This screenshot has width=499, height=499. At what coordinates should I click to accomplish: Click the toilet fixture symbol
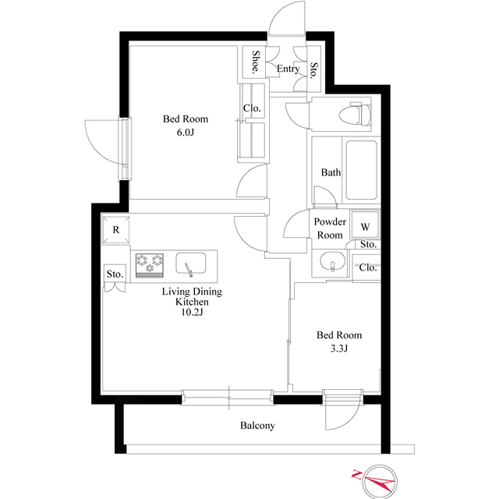click(x=356, y=114)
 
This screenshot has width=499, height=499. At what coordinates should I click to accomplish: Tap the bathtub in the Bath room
click(x=361, y=171)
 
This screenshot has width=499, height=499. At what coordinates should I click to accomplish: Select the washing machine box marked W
click(x=365, y=225)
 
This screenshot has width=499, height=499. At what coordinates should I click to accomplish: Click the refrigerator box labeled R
click(x=116, y=230)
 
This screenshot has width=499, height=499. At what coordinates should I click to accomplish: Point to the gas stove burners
click(x=150, y=265)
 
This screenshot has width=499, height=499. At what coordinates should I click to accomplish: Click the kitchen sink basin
click(x=190, y=264)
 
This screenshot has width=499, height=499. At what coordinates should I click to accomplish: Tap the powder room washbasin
click(x=333, y=262)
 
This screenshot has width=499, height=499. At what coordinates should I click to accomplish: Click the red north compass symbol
click(x=377, y=480)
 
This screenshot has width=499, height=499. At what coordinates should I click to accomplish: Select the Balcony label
click(x=257, y=426)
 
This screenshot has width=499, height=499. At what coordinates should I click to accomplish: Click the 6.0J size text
click(x=186, y=133)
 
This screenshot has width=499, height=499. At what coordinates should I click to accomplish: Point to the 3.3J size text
click(x=339, y=349)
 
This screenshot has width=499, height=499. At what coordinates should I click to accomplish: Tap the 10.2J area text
click(x=192, y=313)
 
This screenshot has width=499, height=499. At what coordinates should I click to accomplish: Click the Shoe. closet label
click(x=255, y=62)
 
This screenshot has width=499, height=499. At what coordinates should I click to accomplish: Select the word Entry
click(x=288, y=69)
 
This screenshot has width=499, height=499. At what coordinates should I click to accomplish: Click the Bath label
click(x=331, y=172)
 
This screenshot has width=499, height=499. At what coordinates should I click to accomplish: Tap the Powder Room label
click(x=330, y=228)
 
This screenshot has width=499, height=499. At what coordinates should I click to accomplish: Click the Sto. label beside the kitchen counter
click(x=115, y=274)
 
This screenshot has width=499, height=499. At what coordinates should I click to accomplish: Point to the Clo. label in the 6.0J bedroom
click(x=252, y=108)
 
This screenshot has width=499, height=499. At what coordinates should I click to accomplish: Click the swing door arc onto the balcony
click(x=349, y=419)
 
